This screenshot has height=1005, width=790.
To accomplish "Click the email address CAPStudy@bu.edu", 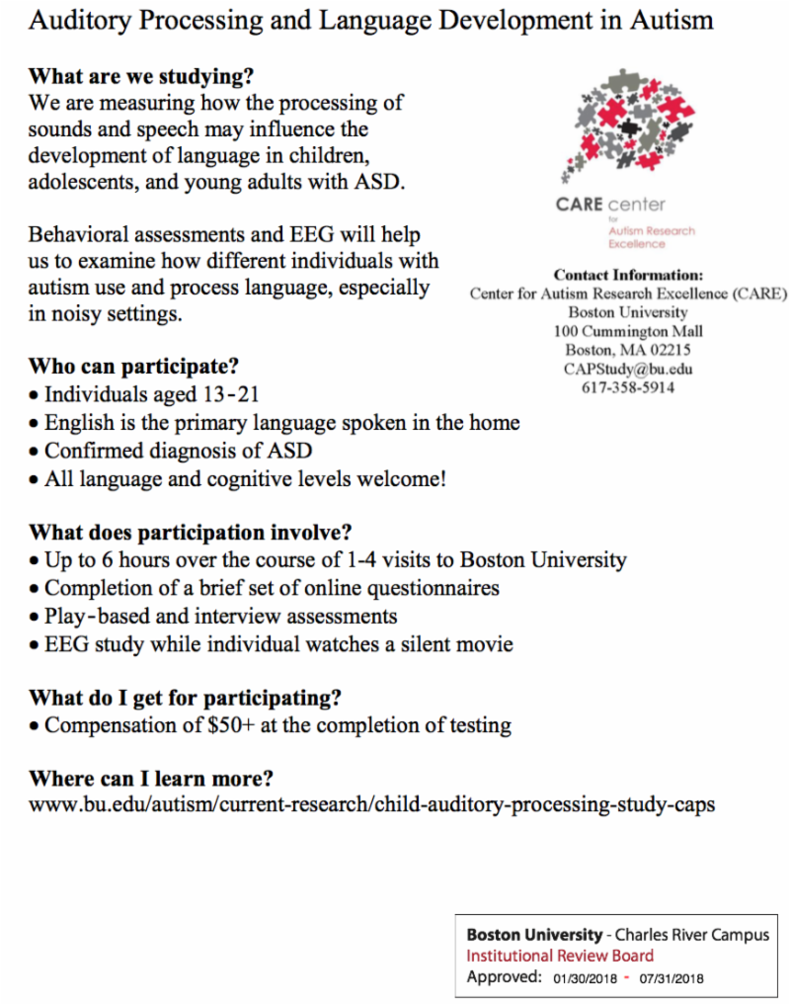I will click(x=628, y=369).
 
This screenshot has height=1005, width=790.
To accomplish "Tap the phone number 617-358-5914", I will click(x=628, y=387).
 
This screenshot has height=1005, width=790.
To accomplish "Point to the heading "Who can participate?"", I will click(x=133, y=368).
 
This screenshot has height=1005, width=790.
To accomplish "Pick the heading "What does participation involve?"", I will click(x=191, y=532).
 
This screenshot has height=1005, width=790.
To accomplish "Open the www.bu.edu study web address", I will click(x=372, y=804).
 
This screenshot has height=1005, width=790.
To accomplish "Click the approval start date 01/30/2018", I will click(x=585, y=978).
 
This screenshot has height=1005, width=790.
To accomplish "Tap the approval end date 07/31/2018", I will click(x=671, y=978).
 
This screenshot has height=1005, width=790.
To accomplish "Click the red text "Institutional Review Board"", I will click(x=560, y=956).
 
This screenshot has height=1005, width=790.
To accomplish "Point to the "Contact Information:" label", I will click(x=628, y=276).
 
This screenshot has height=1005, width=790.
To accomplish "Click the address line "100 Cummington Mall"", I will click(x=628, y=331).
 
